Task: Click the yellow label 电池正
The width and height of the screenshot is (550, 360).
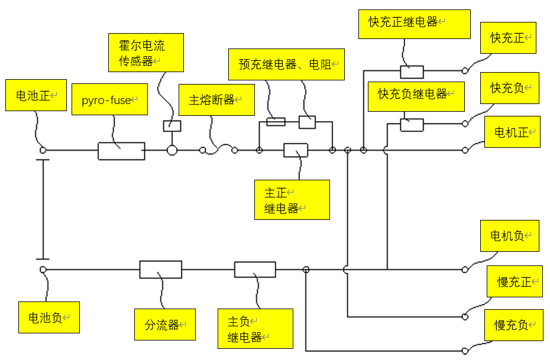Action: [35, 95]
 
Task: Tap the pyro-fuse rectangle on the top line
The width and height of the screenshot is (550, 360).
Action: [121, 151]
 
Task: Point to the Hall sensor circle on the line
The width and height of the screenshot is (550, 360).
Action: [172, 150]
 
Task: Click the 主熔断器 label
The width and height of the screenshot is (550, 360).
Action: [216, 100]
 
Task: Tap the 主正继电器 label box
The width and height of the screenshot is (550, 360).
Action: [292, 200]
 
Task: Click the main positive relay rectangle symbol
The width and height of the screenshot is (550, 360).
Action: [296, 150]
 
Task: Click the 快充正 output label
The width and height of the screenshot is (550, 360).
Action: [508, 38]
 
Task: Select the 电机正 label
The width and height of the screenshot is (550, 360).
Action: [512, 132]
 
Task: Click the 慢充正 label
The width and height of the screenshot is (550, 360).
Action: [514, 281]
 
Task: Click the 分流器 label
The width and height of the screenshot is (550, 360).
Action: [164, 324]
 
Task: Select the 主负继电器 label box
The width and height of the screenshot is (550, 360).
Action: [255, 329]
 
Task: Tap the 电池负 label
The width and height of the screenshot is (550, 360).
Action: [48, 317]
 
